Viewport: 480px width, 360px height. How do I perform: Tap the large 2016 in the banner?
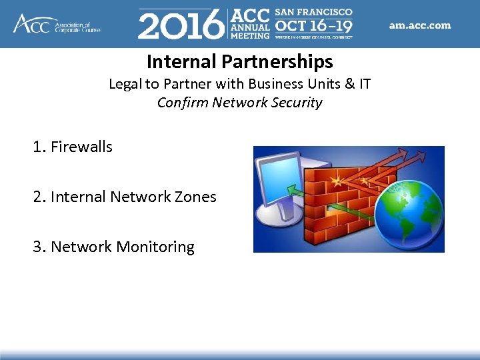tap(181, 25)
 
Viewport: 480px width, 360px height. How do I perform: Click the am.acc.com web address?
tap(419, 25)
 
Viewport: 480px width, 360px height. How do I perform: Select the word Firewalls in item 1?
tap(81, 147)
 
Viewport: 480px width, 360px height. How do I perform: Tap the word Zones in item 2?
tap(197, 197)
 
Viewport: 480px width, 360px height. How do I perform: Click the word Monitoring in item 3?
tap(155, 247)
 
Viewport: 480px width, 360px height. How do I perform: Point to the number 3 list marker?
tap(37, 247)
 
